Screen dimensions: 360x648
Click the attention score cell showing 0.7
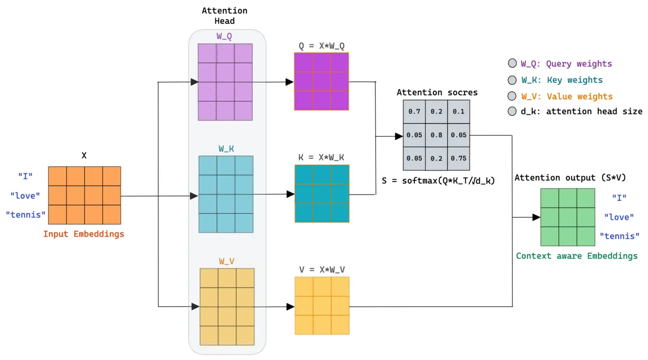(x=414, y=112)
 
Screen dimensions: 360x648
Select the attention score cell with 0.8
(x=436, y=135)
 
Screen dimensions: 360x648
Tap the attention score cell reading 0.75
(x=458, y=158)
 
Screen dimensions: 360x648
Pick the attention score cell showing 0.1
(x=458, y=112)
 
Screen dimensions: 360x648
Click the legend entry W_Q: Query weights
(x=566, y=64)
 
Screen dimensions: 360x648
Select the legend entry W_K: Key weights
(x=561, y=80)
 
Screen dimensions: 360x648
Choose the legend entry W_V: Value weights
(x=566, y=96)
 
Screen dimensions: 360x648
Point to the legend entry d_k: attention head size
(x=581, y=111)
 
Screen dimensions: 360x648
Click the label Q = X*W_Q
(x=321, y=46)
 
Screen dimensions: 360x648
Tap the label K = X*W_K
(x=321, y=157)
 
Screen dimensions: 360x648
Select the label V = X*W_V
(x=321, y=269)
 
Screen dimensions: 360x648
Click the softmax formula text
(x=438, y=181)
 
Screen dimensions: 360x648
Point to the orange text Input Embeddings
(x=83, y=234)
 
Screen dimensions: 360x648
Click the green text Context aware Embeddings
(x=577, y=256)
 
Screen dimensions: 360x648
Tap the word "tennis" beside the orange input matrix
(x=26, y=215)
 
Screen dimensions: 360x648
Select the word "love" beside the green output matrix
(x=619, y=217)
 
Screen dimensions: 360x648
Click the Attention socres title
(x=437, y=92)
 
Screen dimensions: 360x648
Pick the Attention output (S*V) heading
(x=570, y=177)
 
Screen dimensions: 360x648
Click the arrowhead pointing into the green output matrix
(x=536, y=217)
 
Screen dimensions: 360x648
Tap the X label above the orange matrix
(x=84, y=155)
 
